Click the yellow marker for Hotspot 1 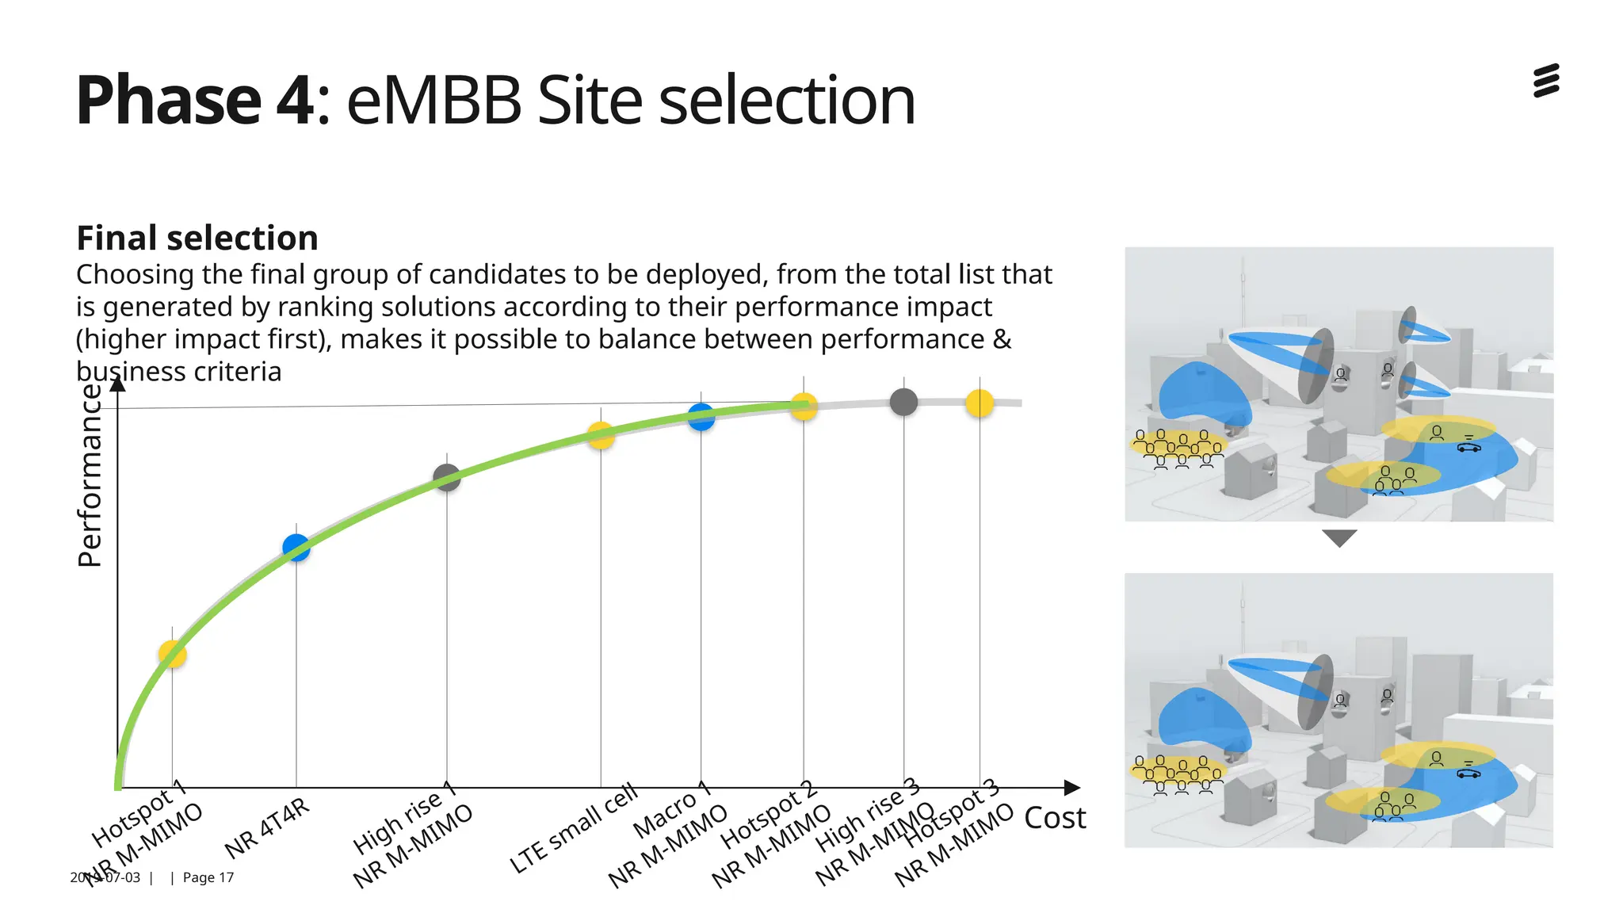click(172, 655)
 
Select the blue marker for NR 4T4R click(296, 547)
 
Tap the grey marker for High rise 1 click(447, 477)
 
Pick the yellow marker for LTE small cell click(601, 435)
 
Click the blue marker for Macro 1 click(701, 416)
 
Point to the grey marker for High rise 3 click(903, 402)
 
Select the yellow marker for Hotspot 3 click(980, 403)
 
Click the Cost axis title click(1054, 818)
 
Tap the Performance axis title click(90, 476)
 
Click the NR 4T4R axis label click(267, 829)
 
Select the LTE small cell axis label click(572, 828)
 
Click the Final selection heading click(197, 238)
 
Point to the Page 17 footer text click(208, 877)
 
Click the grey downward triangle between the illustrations click(1339, 538)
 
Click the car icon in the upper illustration click(1468, 448)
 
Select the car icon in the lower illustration click(1468, 774)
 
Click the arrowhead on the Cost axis click(1071, 787)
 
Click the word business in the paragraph click(127, 372)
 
